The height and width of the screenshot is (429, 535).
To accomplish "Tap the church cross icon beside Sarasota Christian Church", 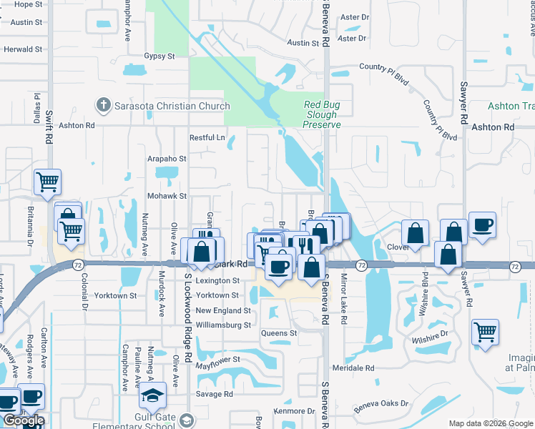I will coord(104,106).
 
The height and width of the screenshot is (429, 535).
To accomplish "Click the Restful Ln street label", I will coord(207,137).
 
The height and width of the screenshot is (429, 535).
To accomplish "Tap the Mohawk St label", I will coord(167,195).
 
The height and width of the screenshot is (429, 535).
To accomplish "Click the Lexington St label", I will coord(217,281).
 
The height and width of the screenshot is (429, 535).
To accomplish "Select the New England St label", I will coord(223,311).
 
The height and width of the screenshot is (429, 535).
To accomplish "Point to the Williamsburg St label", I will coord(223,325).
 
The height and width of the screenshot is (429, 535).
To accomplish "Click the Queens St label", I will coord(278,333).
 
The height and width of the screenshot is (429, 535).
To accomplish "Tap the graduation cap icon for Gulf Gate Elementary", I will coord(152,395).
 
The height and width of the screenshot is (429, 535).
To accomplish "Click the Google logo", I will coord(24,420).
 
